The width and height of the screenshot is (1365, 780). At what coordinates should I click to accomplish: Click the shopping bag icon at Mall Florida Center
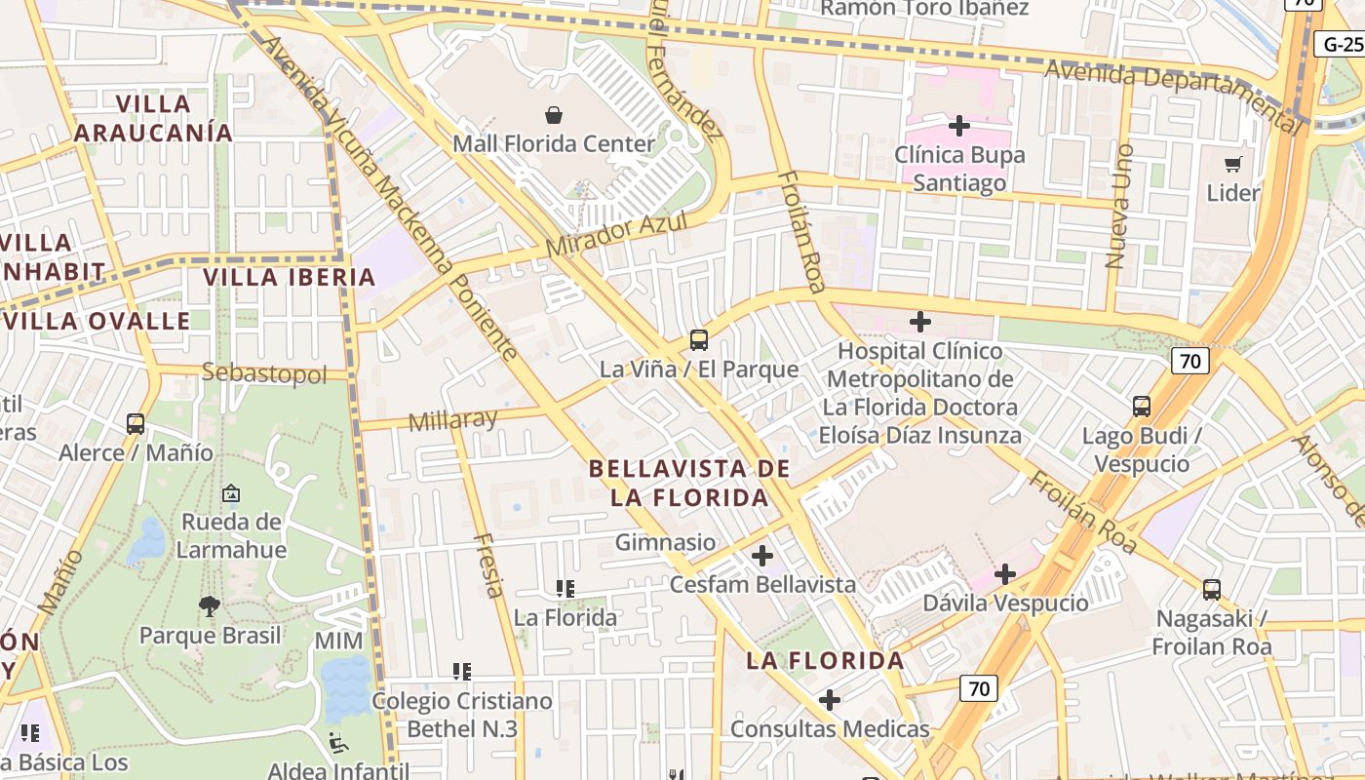pos(554,115)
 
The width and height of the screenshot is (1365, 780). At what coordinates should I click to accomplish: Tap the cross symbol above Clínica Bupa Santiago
pos(959,126)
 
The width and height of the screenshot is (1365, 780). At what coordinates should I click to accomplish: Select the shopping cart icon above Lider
pos(1233,164)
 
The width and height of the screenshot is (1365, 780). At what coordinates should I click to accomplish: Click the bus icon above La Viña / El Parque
pos(699,340)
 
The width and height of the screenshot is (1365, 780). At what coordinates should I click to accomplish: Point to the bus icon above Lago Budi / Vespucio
pos(1141,406)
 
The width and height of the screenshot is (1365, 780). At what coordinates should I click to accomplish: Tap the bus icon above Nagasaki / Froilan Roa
pos(1212,589)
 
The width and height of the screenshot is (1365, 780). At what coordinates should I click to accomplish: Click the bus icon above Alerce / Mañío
pos(136,424)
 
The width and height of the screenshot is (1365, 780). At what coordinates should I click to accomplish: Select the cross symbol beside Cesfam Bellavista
pos(762,557)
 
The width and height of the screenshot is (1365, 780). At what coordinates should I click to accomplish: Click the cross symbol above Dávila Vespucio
pos(1005,574)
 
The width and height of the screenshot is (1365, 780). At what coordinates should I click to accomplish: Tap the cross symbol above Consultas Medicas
pos(830,700)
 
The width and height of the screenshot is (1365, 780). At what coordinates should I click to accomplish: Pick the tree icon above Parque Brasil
pos(210,606)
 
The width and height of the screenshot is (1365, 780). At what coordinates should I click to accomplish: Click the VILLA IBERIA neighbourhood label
pos(290,277)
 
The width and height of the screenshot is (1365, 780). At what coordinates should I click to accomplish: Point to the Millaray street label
pos(453,421)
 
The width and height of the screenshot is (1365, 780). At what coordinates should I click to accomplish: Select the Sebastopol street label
pos(264,373)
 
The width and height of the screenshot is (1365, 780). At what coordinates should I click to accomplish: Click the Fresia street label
pos(488,565)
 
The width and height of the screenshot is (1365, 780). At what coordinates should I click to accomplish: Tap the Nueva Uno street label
pos(1119,207)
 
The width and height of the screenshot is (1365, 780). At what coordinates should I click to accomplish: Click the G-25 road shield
pos(1342,44)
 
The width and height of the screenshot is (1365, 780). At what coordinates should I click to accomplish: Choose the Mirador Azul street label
pos(616,235)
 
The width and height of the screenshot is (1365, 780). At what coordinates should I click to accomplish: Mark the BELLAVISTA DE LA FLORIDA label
pos(689,483)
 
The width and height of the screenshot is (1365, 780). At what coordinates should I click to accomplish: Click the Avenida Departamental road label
pos(1173,90)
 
